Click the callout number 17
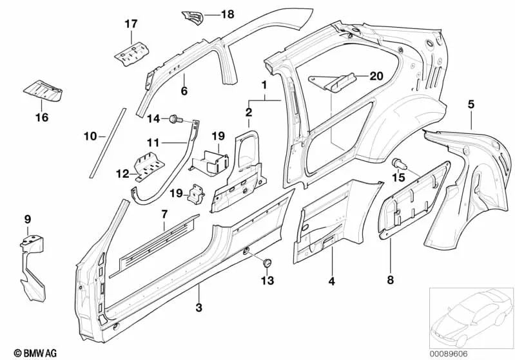(131, 24)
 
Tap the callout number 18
(228, 14)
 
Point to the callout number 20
(376, 75)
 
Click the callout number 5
(471, 104)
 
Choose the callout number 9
(27, 220)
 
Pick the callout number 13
(266, 280)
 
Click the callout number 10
(90, 136)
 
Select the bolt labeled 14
(173, 118)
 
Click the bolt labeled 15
(398, 164)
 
